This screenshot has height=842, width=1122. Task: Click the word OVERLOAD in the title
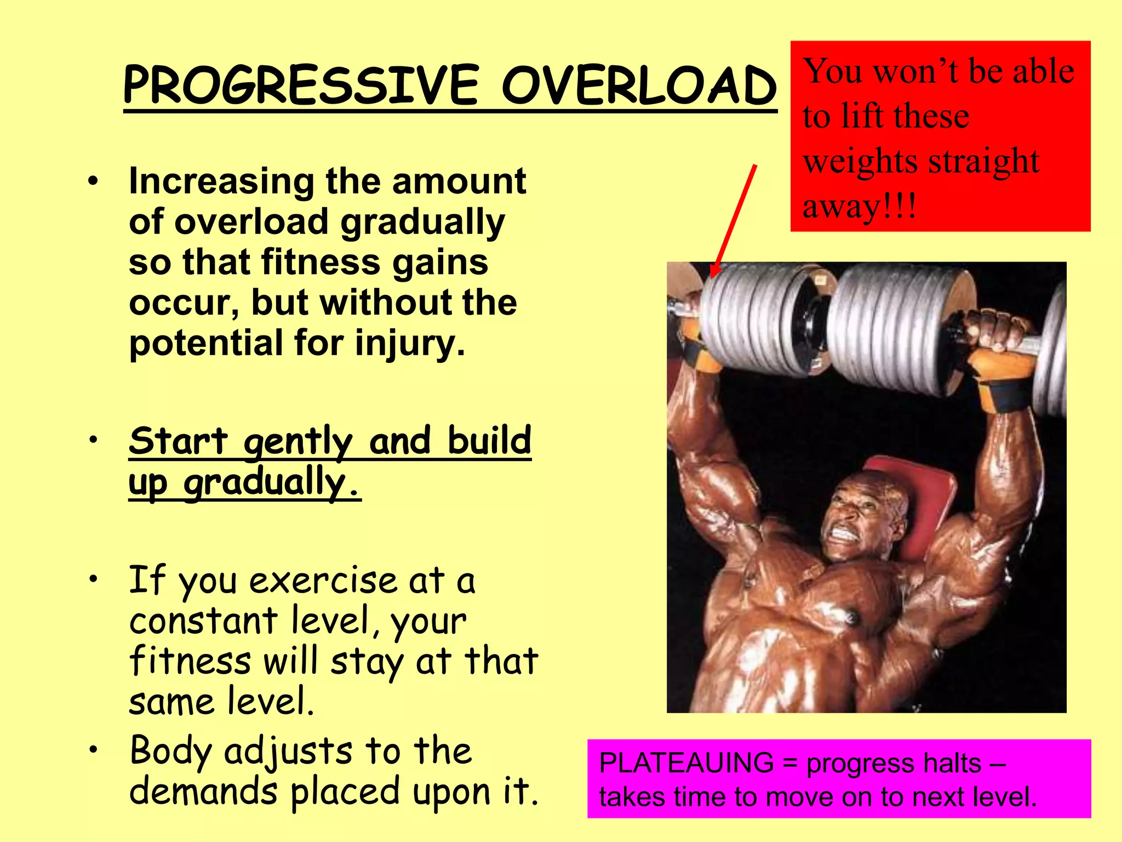(x=639, y=86)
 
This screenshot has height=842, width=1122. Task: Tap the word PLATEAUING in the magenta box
(x=686, y=763)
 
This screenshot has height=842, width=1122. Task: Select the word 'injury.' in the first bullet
(x=410, y=343)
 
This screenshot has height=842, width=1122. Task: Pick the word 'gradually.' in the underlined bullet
(x=272, y=483)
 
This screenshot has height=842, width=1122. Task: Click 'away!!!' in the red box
(x=859, y=207)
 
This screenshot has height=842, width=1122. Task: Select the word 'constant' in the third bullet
(x=203, y=621)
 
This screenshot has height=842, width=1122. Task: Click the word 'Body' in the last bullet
(x=170, y=752)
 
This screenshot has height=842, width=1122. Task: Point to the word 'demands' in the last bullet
(x=203, y=792)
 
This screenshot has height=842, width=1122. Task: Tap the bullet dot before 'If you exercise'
(x=94, y=579)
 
